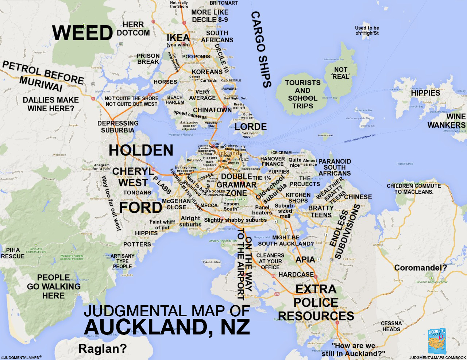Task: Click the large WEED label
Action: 83,33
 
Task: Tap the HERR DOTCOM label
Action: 133,29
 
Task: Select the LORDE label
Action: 250,127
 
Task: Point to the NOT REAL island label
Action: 340,73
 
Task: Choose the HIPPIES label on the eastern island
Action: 425,93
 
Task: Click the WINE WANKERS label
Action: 447,121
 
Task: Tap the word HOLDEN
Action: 141,150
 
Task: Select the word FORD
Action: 140,208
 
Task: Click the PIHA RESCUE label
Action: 13,253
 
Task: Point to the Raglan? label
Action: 103,349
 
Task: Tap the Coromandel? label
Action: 420,268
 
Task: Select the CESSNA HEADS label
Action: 391,326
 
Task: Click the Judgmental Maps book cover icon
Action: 437,341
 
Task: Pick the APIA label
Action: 305,259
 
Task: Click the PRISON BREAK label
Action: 148,59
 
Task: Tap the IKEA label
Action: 178,38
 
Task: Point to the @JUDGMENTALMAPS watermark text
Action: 21,357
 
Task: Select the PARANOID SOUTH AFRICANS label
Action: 335,167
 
